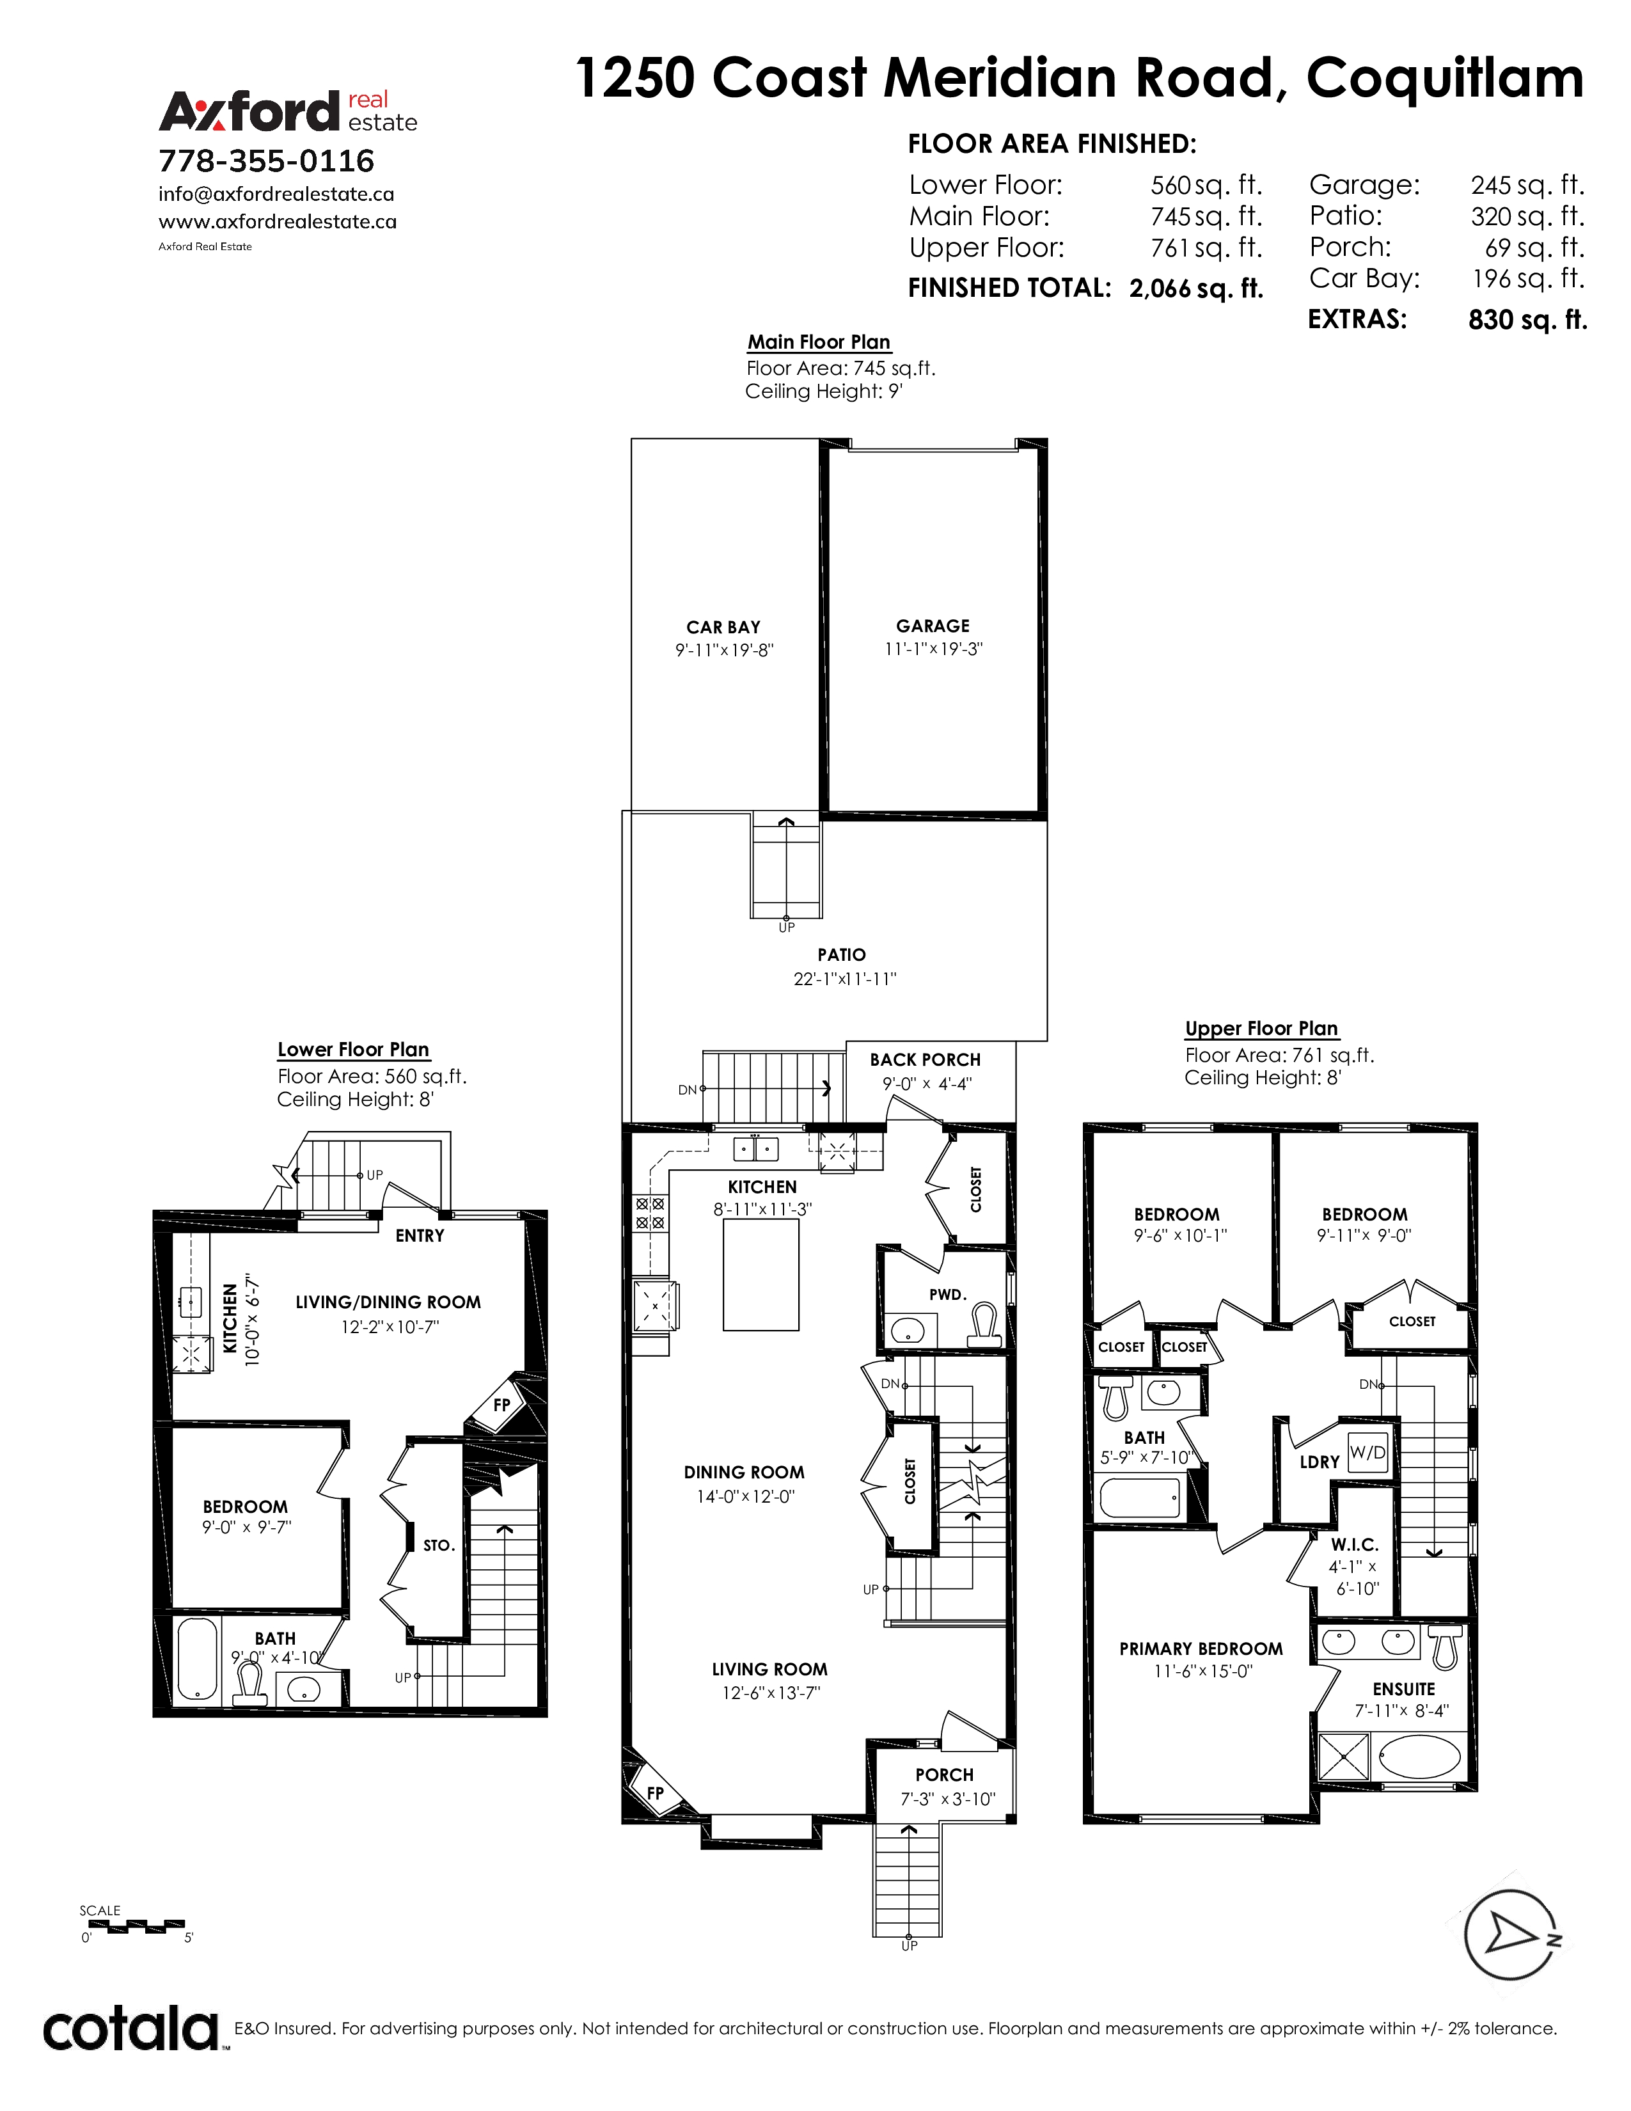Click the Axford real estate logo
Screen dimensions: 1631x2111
pos(288,111)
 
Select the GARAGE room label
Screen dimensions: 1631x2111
pos(933,626)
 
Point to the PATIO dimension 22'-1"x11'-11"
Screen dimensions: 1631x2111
pos(844,978)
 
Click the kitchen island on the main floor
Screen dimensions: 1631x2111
pos(761,1275)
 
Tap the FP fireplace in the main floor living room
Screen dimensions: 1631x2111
pos(654,1793)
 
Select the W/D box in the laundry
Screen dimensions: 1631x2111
pos(1367,1453)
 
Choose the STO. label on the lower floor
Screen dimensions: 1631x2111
pos(439,1545)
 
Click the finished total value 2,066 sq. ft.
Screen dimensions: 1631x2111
pos(1196,288)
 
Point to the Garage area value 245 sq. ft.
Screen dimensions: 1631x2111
pos(1527,185)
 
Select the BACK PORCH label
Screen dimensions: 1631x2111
pos(925,1059)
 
